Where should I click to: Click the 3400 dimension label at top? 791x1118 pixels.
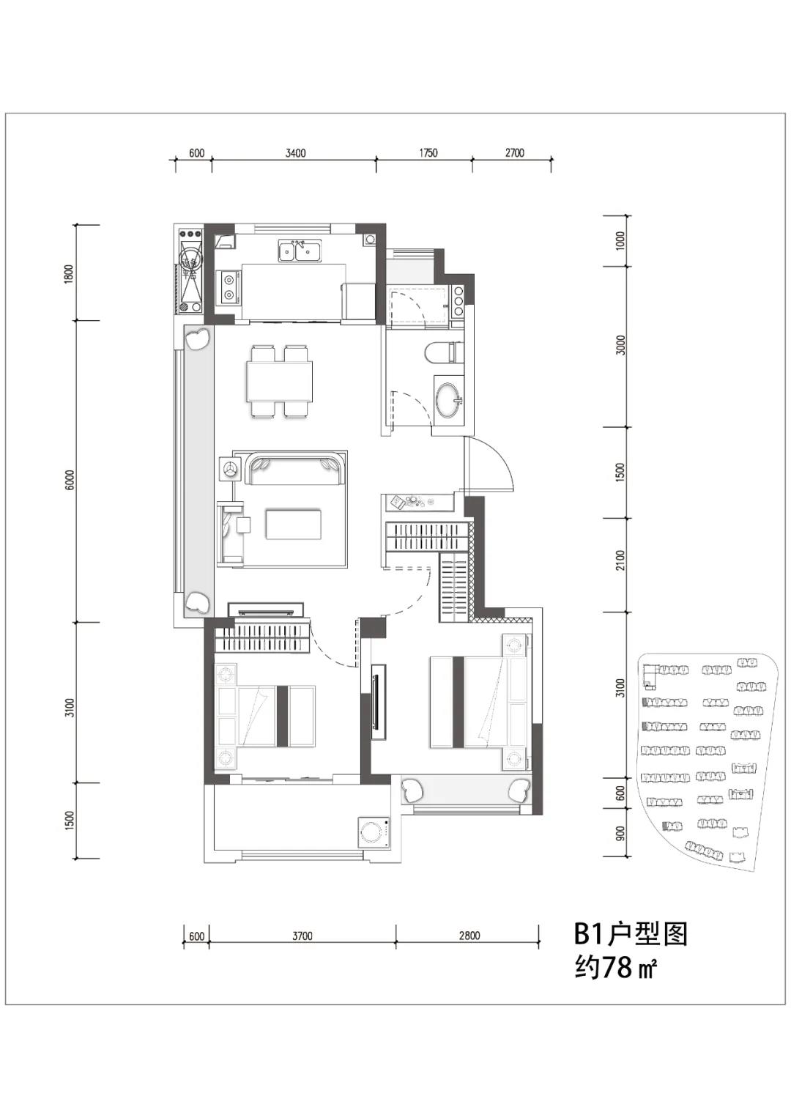click(x=295, y=152)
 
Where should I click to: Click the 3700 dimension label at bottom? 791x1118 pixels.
click(x=302, y=936)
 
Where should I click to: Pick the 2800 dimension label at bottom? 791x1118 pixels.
click(x=469, y=936)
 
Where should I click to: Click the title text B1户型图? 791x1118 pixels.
click(x=631, y=934)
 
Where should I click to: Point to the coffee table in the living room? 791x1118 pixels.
click(x=294, y=524)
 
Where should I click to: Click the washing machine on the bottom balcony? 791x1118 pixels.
click(x=375, y=832)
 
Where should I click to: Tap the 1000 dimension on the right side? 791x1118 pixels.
click(x=620, y=241)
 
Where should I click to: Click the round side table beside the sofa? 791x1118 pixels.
click(x=229, y=469)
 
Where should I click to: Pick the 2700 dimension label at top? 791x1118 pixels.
click(x=514, y=152)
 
